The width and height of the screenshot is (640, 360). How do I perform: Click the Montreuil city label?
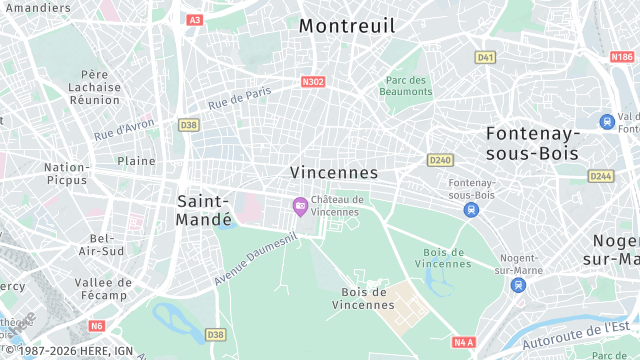[x=347, y=26]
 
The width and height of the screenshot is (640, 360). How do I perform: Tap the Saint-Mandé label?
[x=204, y=209]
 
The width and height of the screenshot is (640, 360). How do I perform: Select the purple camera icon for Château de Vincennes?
[x=299, y=205]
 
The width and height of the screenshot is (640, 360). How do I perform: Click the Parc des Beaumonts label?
[x=406, y=86]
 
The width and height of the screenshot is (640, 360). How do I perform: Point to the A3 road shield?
[x=194, y=20]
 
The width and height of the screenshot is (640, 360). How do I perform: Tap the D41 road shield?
[x=486, y=57]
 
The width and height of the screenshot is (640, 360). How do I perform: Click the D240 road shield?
[x=439, y=160]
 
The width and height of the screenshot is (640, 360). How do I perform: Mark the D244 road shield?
[x=601, y=176]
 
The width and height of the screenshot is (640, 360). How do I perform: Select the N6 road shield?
[x=96, y=325]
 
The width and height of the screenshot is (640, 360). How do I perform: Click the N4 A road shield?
[x=462, y=342]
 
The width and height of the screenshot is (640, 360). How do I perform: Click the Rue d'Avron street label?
[x=125, y=129]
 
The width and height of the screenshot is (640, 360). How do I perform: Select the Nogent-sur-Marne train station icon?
[x=518, y=285]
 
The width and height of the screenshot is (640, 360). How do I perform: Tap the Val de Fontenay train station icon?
[x=607, y=121]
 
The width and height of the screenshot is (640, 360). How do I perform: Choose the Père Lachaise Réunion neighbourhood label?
[x=94, y=87]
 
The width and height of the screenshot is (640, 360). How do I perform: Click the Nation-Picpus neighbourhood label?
[x=66, y=174]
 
